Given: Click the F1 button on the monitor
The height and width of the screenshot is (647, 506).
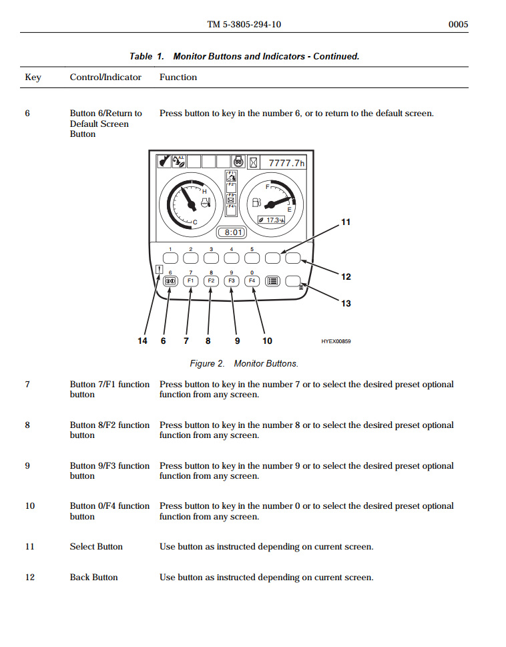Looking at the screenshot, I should [x=190, y=281].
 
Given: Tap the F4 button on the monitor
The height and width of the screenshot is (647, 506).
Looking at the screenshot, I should [x=252, y=281].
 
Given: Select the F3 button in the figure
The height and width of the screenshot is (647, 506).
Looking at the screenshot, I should [x=231, y=281].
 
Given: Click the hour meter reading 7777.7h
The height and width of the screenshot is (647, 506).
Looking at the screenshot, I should [x=286, y=163].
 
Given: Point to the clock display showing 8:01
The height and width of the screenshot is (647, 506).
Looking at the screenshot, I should [x=232, y=232].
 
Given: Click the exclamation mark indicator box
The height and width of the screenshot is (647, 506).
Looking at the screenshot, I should [x=158, y=270].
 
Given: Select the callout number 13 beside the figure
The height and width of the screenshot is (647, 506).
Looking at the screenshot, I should [x=346, y=303].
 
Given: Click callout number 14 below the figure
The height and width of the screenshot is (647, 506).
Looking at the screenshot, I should [x=142, y=341].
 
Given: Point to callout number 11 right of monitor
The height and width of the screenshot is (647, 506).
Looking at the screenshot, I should [x=346, y=222].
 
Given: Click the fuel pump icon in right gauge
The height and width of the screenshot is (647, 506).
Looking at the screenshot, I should [x=257, y=202].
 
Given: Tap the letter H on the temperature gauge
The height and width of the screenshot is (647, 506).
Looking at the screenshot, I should [x=204, y=192].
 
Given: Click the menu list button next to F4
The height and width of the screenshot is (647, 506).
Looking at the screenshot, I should [x=272, y=281].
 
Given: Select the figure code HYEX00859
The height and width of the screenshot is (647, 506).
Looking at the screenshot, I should [x=336, y=341].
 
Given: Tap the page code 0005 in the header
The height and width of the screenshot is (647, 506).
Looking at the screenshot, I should [x=458, y=25].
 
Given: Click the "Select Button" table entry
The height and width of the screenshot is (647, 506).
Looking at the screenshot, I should [x=96, y=547].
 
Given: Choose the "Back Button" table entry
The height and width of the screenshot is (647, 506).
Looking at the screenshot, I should [x=93, y=578].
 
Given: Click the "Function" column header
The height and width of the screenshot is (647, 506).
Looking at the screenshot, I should [x=178, y=77].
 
